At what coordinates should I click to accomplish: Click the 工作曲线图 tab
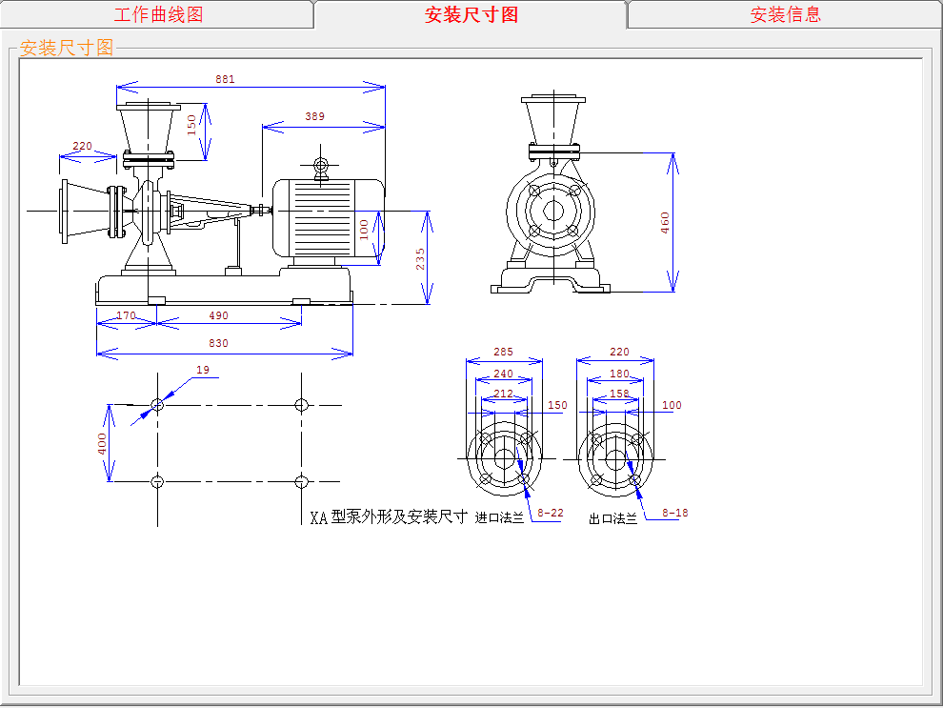[x=158, y=14]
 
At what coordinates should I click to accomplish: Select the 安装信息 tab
[x=785, y=14]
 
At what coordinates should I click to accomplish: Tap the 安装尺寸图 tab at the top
[x=471, y=14]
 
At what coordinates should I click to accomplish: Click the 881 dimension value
[x=225, y=79]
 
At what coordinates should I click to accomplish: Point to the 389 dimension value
[x=314, y=116]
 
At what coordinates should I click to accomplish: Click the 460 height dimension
[x=665, y=222]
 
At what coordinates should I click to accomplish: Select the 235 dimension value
[x=420, y=258]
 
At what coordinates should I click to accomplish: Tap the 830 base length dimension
[x=219, y=343]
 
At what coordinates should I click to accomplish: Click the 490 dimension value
[x=219, y=315]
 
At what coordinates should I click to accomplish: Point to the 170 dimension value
[x=126, y=315]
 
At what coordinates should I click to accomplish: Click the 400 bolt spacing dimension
[x=101, y=444]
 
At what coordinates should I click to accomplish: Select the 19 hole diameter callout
[x=202, y=370]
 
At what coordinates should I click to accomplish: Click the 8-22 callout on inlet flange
[x=551, y=513]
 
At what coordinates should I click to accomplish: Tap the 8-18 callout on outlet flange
[x=675, y=513]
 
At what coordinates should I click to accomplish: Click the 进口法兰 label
[x=499, y=517]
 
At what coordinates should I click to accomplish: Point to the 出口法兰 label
[x=612, y=518]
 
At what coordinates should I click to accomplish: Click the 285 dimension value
[x=503, y=352]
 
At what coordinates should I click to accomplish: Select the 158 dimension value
[x=619, y=393]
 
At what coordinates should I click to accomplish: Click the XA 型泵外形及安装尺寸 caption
[x=389, y=517]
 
